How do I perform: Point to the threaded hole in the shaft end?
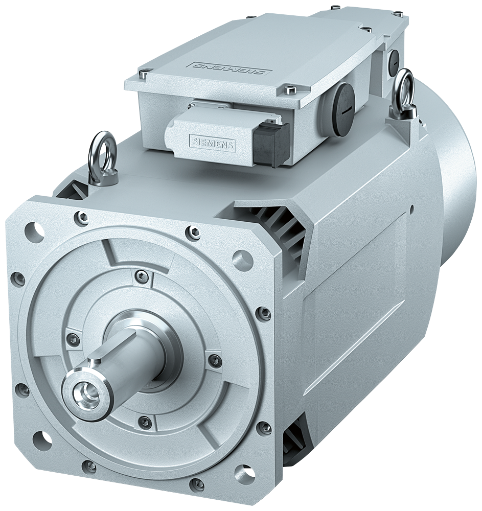[85, 392]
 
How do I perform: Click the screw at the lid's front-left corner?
[143, 76]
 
